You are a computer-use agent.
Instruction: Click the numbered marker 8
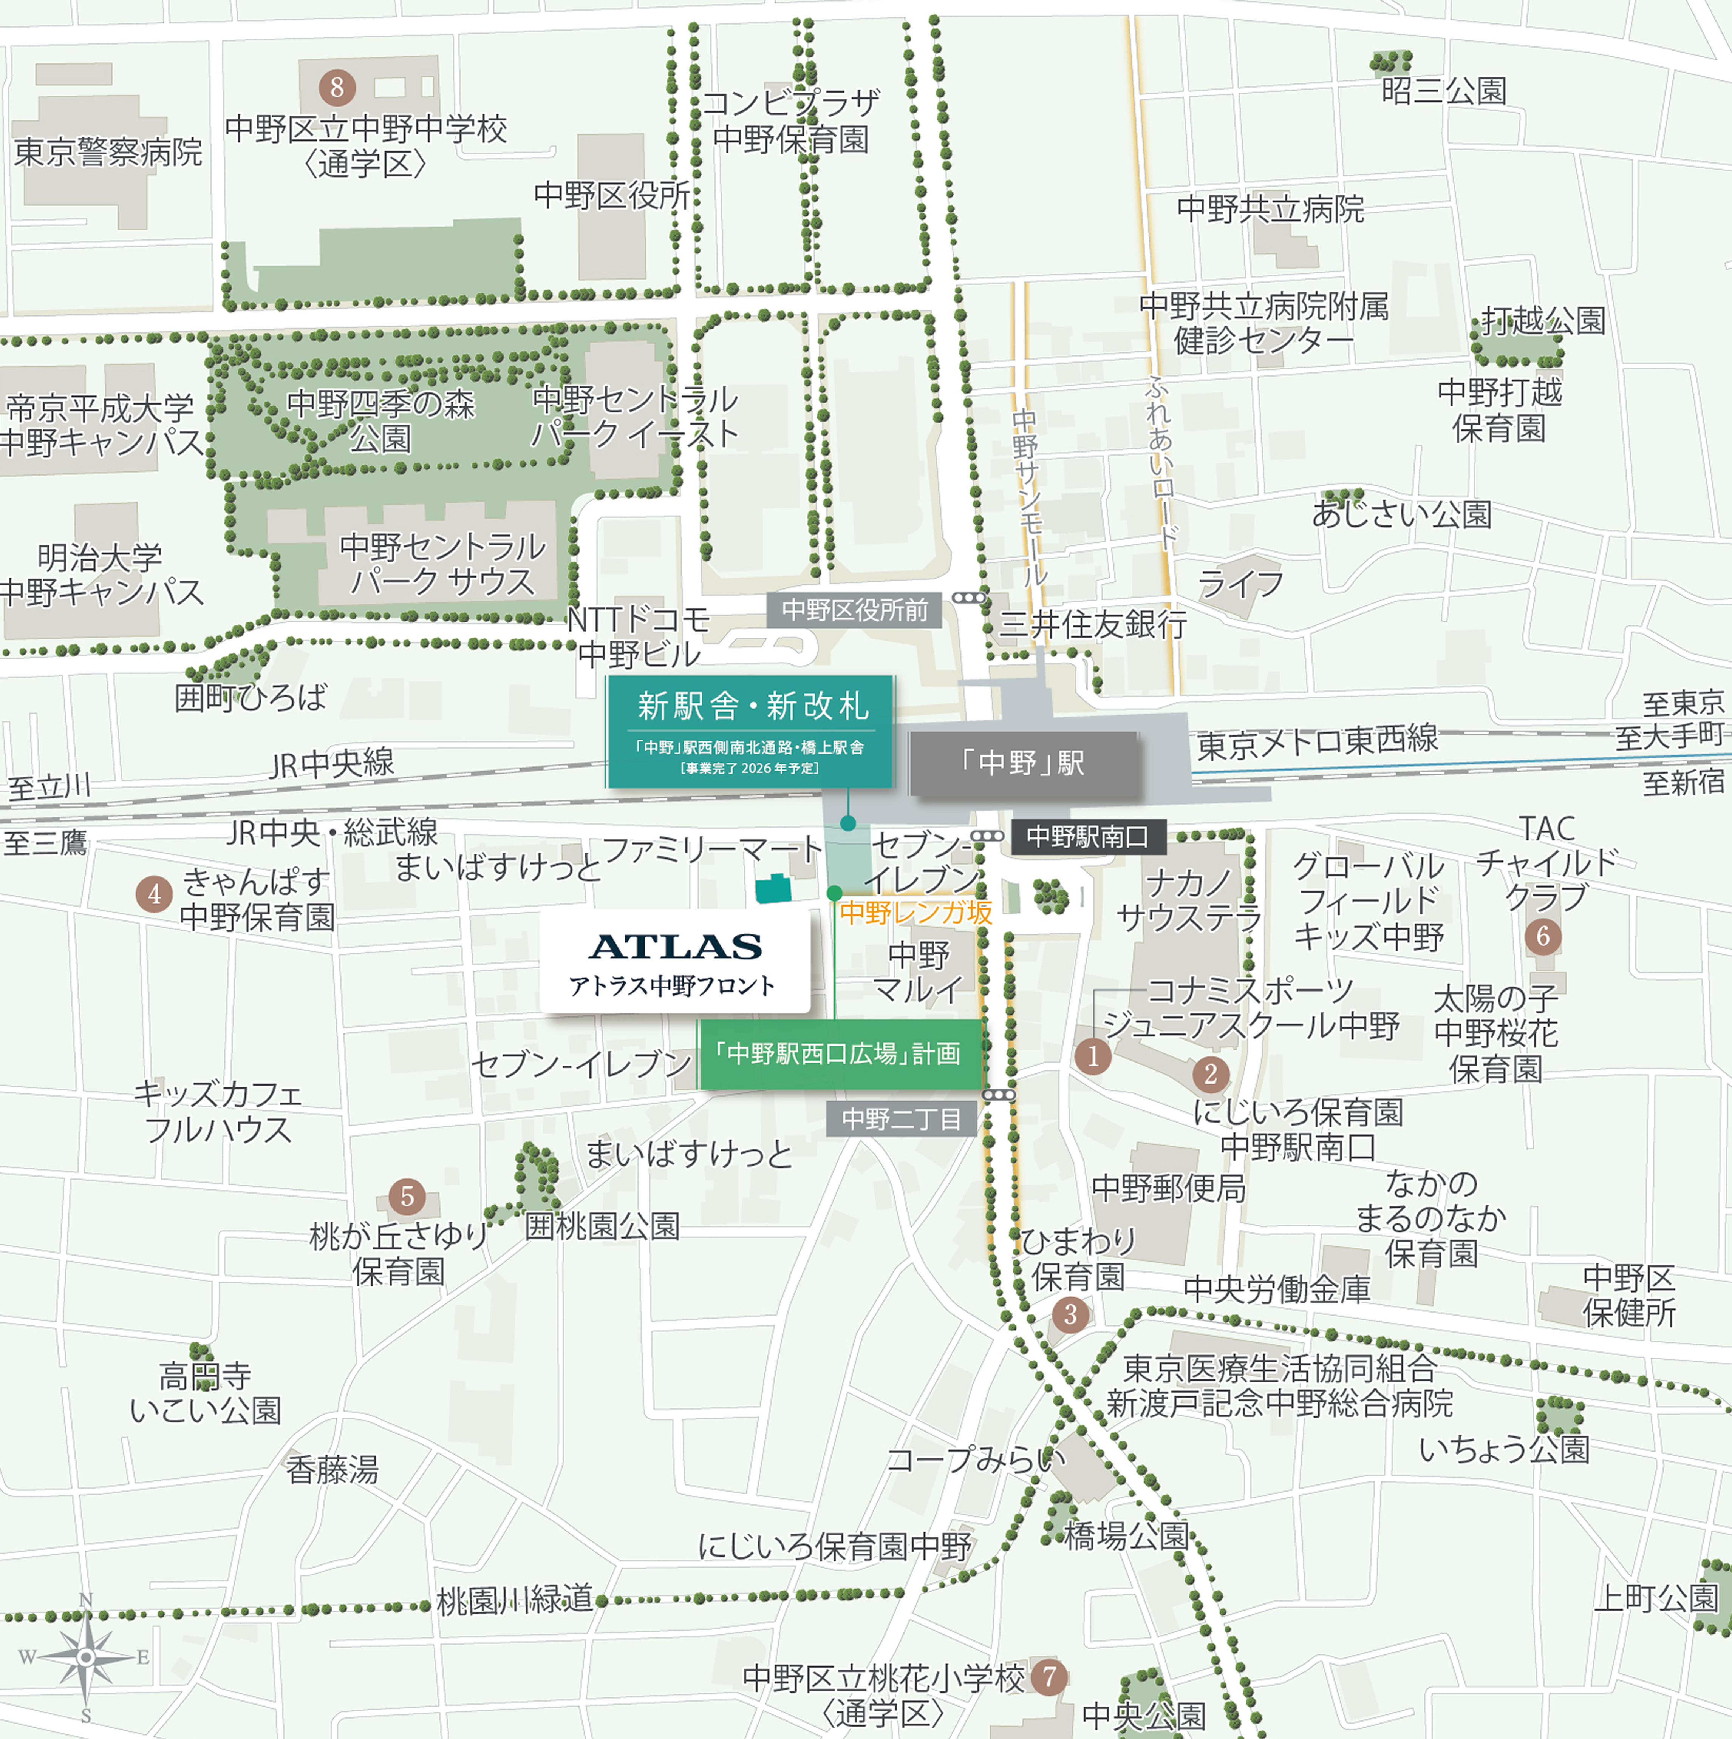pos(337,87)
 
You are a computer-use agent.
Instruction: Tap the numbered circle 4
pos(154,894)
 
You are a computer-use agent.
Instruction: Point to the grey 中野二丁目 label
pos(900,1119)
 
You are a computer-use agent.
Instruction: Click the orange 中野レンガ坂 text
pos(915,913)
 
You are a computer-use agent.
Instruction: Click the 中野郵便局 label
pos(1168,1188)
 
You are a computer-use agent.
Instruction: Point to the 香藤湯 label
pos(332,1470)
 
